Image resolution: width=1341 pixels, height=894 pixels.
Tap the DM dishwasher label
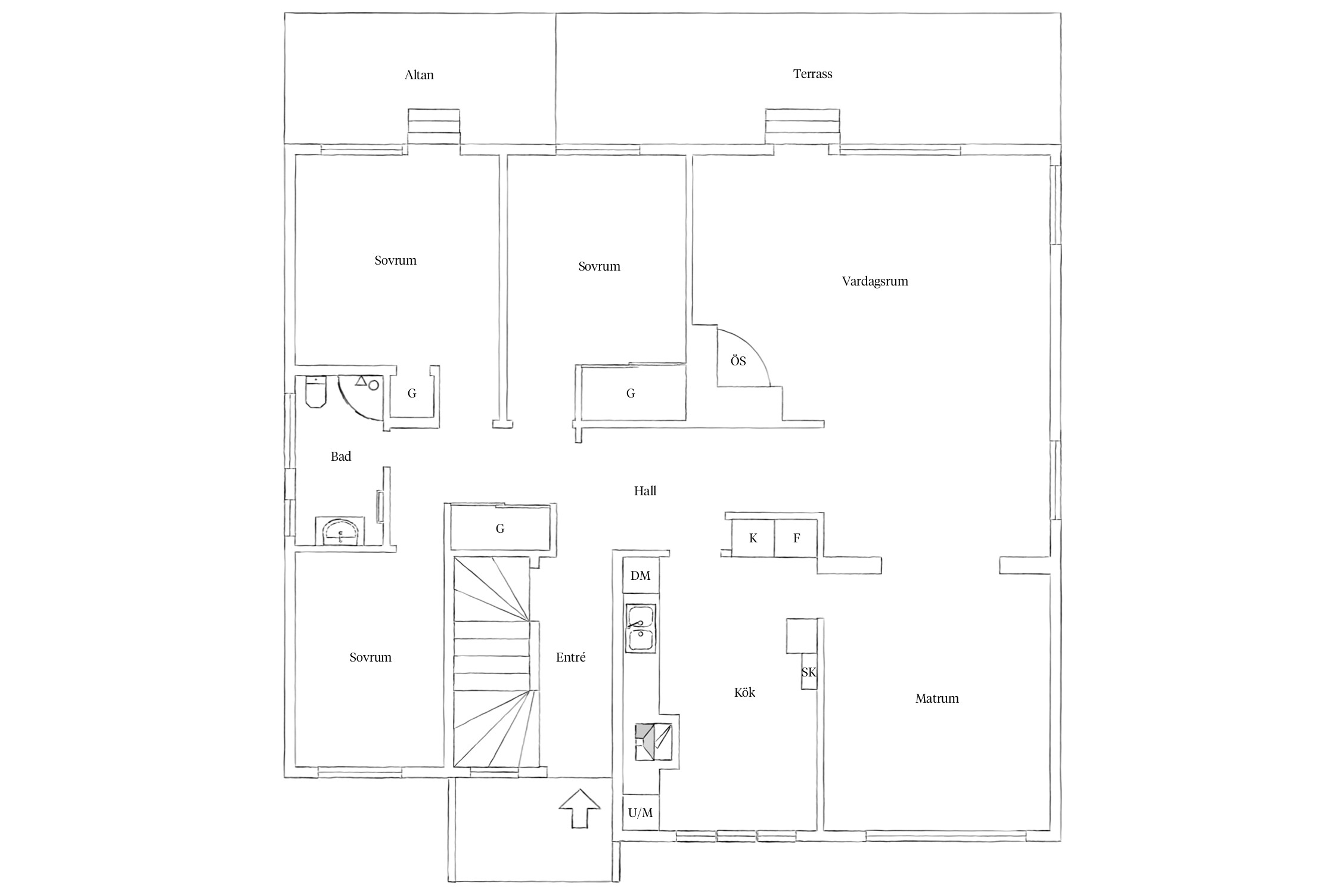pos(640,576)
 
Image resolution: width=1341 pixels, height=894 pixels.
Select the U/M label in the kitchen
pos(640,813)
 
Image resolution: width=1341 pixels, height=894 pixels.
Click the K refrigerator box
pos(753,538)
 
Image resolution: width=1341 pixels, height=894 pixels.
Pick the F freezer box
pos(796,538)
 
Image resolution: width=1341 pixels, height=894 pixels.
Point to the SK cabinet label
pos(808,672)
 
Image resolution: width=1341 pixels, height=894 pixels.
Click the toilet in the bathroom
pos(315,392)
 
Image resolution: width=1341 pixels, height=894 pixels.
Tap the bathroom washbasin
pos(340,532)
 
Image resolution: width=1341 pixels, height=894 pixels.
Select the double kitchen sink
pos(641,628)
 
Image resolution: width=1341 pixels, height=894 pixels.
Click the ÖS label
pos(738,361)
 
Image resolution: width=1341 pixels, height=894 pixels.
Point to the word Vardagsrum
pos(875,281)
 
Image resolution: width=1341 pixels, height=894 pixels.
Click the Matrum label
pos(937,699)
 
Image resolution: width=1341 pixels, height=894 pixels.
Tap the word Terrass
pos(812,74)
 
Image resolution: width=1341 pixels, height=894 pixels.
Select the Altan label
pos(419,75)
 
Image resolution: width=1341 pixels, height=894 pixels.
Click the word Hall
pos(645,491)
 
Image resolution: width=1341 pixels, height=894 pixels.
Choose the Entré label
pos(570,657)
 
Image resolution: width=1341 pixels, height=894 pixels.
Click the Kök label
pos(744,693)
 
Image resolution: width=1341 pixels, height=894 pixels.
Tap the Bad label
pos(341,457)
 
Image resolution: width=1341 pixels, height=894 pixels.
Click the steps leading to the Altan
pos(434,126)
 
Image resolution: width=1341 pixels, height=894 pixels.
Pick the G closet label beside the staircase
pos(500,529)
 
